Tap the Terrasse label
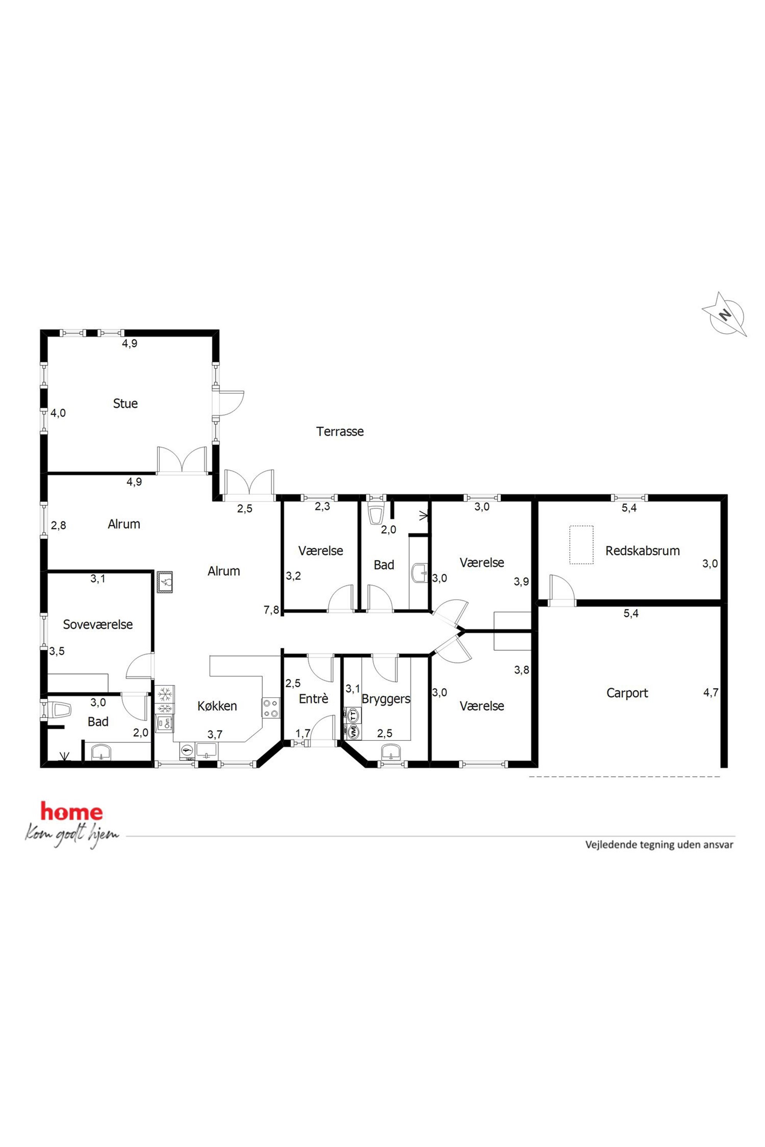tap(340, 431)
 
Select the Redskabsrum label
tap(642, 551)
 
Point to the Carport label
tap(627, 693)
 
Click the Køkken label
tap(217, 706)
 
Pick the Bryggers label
tap(386, 699)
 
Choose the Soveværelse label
tap(98, 624)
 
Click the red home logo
tap(72, 811)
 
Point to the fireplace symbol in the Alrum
tap(165, 582)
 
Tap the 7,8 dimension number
tap(272, 610)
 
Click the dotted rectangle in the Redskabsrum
tap(581, 545)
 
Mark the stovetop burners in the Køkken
tap(271, 708)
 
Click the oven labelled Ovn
tap(164, 723)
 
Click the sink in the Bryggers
tap(391, 752)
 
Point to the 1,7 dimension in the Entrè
tap(303, 733)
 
